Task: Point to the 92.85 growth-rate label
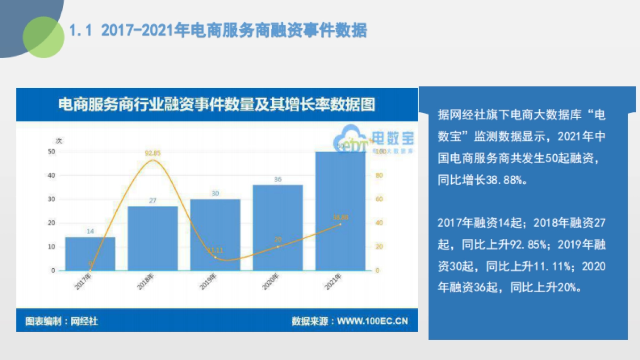point(153,153)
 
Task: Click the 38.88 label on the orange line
point(340,217)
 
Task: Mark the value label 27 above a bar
point(153,201)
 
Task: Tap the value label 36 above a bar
point(278,180)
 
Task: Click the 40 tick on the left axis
point(51,175)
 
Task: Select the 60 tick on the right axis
point(378,199)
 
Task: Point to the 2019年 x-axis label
point(209,282)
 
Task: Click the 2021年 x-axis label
point(334,282)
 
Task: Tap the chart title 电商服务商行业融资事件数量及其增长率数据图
point(217,105)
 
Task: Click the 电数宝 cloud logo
point(373,141)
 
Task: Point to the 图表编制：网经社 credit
point(62,321)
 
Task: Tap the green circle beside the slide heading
point(43,36)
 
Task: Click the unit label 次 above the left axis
point(59,141)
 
